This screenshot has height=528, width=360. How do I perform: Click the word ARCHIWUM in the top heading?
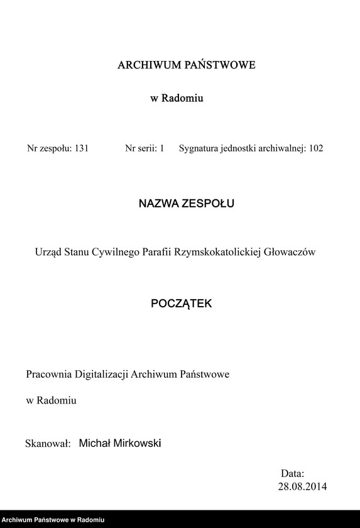click(x=146, y=65)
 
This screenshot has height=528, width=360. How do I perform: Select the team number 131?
click(x=81, y=149)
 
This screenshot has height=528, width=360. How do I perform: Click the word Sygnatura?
click(x=200, y=149)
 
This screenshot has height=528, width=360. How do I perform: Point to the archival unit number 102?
click(x=316, y=149)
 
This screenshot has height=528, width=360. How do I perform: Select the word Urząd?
click(x=48, y=252)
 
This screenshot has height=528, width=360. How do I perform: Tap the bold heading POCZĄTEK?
click(x=182, y=303)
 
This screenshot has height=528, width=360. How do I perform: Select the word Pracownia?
click(x=49, y=374)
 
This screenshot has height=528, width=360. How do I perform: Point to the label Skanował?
click(x=46, y=444)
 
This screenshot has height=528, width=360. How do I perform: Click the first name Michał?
click(x=94, y=444)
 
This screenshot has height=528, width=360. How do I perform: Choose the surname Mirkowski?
click(x=138, y=444)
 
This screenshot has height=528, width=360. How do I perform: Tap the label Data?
click(x=292, y=473)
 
